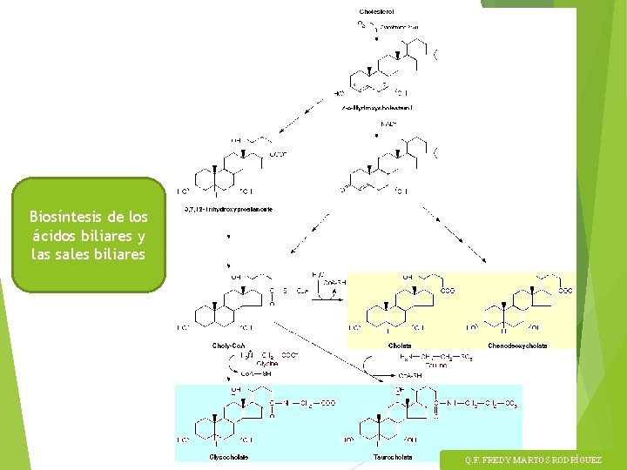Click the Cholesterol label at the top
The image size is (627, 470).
coord(377,12)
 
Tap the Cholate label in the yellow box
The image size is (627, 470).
coord(400,346)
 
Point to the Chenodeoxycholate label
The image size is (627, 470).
coord(518,346)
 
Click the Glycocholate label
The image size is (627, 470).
coord(229,456)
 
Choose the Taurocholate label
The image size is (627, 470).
coord(393,456)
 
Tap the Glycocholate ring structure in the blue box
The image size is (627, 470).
coord(213,422)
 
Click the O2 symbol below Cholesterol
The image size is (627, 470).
coord(361,24)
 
